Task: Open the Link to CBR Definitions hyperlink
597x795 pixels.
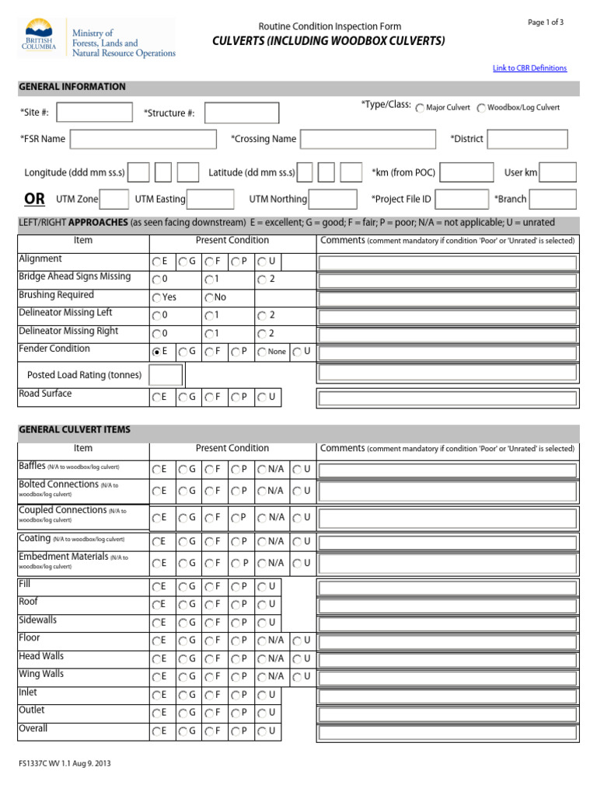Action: point(529,68)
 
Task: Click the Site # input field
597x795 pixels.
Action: point(89,113)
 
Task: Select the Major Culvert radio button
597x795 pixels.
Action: point(420,108)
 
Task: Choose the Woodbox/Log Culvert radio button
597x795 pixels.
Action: point(481,108)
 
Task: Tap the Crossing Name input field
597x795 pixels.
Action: point(368,139)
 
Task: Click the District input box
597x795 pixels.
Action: point(527,139)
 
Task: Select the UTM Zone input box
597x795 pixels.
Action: point(114,199)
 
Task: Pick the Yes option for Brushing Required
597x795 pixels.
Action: point(157,298)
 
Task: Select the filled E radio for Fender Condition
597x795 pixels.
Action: point(157,352)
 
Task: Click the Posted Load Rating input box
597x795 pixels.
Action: point(166,375)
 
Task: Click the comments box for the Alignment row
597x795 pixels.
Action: point(447,262)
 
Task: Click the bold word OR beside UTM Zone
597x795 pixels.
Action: point(34,199)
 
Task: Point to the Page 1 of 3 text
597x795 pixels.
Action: point(546,23)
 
